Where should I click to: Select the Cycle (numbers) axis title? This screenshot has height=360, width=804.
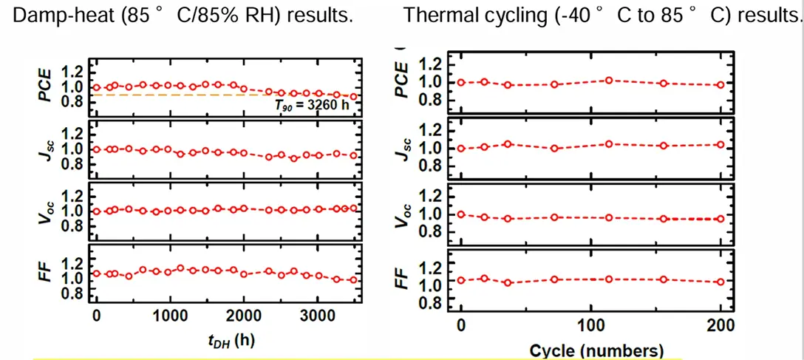pos(596,350)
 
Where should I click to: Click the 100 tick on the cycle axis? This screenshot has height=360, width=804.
pos(590,325)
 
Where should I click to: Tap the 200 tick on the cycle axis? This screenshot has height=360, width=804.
pos(720,325)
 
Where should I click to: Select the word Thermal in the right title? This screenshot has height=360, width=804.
pos(452,16)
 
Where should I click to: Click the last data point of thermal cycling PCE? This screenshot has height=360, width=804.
pos(720,85)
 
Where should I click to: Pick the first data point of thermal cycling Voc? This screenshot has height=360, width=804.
pos(460,214)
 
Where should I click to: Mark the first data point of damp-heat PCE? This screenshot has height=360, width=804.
pos(96,87)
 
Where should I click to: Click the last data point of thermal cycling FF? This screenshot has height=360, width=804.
pos(720,282)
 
